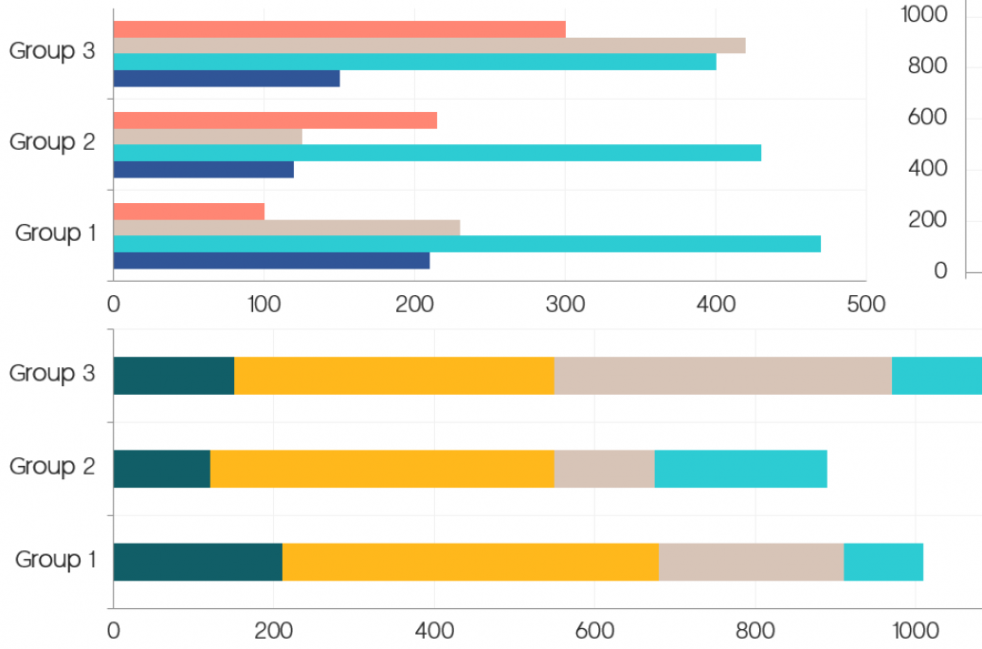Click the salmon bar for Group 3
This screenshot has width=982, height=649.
point(339,29)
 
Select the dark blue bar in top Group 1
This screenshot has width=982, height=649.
point(271,261)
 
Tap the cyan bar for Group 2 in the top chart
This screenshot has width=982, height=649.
point(437,153)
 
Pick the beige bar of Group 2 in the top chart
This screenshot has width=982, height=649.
point(208,137)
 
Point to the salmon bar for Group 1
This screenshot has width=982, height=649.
point(189,211)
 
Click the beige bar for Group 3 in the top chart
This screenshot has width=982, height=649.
point(429,46)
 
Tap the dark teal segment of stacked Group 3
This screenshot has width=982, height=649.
point(173,376)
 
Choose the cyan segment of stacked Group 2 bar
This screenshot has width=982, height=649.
point(740,469)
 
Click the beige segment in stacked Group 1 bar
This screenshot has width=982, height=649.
point(751,562)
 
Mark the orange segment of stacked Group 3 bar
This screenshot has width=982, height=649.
point(394,376)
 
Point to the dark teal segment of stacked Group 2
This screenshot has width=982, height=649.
point(161,469)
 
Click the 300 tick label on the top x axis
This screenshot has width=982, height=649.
point(565,304)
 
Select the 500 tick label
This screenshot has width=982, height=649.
point(865,304)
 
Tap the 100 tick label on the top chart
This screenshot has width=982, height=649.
point(264,304)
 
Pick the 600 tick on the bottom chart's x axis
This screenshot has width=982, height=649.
point(594,629)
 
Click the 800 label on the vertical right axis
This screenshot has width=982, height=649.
point(927,65)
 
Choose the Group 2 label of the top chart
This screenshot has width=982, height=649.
point(52,142)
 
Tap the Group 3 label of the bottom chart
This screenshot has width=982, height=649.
point(52,374)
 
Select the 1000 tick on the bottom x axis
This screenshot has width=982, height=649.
point(915,629)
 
